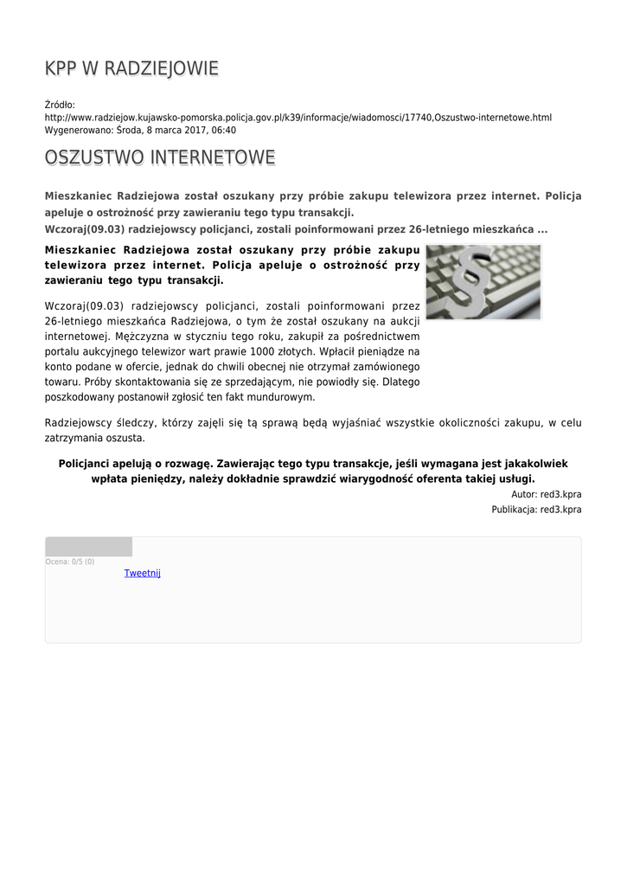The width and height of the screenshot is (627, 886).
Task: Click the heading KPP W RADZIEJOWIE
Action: click(131, 69)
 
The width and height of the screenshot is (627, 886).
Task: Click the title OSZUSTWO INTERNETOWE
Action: click(160, 157)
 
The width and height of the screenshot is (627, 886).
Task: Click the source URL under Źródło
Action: click(298, 117)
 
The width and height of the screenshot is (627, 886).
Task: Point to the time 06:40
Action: click(223, 130)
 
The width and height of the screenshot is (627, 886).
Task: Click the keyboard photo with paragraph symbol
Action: click(483, 282)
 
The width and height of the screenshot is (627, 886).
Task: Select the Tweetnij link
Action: click(143, 573)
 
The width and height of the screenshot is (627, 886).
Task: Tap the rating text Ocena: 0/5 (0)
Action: click(70, 562)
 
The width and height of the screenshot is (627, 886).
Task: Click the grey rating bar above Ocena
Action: click(88, 547)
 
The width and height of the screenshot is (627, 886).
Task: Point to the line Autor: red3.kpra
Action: click(547, 494)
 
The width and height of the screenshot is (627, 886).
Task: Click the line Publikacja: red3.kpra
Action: click(536, 510)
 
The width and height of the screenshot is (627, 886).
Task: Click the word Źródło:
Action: click(60, 104)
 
